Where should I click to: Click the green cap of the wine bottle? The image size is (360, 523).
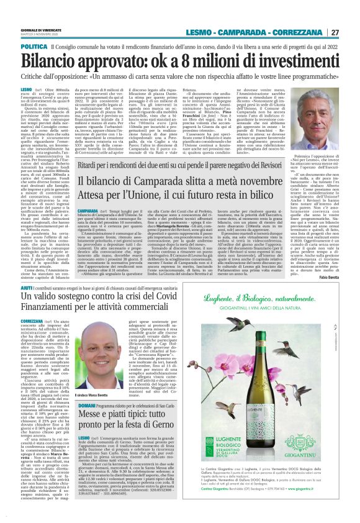click(268, 343)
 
